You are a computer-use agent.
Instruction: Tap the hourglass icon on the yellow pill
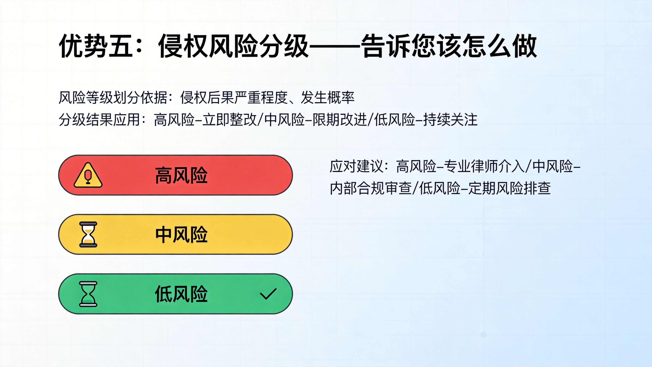(x=88, y=234)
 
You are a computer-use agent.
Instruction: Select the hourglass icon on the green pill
(x=88, y=294)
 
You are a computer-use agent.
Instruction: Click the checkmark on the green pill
(x=268, y=294)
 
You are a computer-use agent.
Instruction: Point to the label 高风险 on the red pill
(x=181, y=175)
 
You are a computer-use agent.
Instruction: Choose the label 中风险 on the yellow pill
(x=181, y=235)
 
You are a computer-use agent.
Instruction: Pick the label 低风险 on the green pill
(x=181, y=294)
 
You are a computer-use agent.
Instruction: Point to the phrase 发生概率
(x=327, y=97)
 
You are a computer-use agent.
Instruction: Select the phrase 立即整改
(x=230, y=119)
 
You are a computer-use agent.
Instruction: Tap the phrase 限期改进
(x=340, y=119)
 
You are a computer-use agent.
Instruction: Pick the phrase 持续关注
(x=450, y=119)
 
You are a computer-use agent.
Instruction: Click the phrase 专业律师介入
(x=485, y=166)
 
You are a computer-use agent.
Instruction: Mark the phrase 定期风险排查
(x=509, y=188)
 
